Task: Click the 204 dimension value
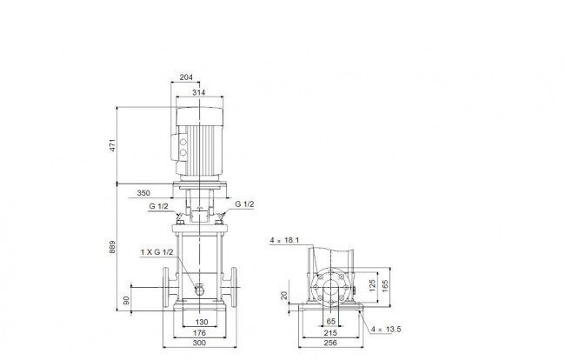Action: (x=186, y=77)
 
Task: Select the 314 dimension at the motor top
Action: (x=198, y=92)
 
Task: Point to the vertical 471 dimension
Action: (x=113, y=145)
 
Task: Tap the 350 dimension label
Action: (x=143, y=193)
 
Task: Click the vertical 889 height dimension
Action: (x=112, y=247)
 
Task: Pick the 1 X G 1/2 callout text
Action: (x=156, y=252)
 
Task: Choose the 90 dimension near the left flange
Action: (x=126, y=300)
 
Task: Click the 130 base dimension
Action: (x=202, y=322)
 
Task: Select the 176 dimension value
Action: (x=199, y=333)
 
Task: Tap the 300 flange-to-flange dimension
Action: (x=199, y=343)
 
